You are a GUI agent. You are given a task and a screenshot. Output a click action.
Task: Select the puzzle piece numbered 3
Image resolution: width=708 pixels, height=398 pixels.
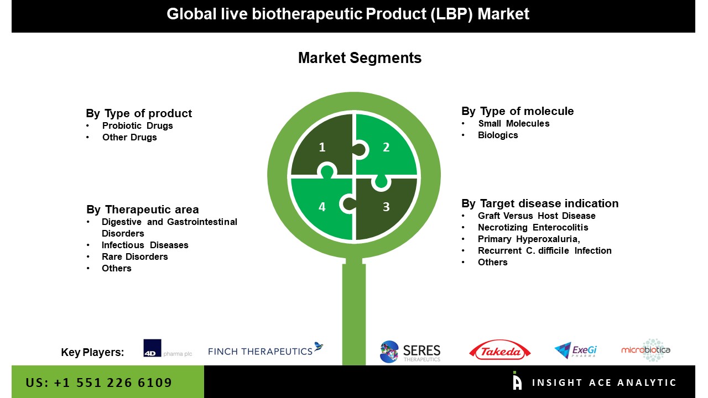[387, 207]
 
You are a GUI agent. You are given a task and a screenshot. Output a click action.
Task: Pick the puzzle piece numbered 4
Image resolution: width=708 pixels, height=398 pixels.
[321, 207]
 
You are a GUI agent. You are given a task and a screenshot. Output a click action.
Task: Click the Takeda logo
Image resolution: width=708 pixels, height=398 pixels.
[499, 350]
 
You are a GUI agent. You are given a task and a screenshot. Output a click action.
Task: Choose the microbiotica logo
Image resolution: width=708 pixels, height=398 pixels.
[645, 350]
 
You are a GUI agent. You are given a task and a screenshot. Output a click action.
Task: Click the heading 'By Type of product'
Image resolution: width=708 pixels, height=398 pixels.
[139, 113]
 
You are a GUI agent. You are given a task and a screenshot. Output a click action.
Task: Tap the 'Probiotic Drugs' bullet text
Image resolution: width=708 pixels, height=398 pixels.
[137, 125]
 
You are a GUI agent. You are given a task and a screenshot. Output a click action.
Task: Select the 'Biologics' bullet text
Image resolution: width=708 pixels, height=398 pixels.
[498, 135]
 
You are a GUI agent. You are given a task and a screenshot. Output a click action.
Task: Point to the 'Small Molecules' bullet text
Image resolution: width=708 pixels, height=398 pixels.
[514, 123]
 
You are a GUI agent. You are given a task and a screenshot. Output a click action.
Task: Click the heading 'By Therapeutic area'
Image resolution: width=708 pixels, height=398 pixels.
[142, 210]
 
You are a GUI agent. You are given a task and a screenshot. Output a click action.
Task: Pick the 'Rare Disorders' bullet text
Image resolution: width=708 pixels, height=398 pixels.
[134, 256]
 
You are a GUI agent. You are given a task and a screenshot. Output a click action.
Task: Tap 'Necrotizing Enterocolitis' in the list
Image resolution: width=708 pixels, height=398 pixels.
[533, 227]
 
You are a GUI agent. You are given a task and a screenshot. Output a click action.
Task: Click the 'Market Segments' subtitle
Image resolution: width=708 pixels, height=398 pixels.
[360, 58]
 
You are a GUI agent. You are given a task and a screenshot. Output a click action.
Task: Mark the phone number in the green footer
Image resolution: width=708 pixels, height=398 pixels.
[99, 383]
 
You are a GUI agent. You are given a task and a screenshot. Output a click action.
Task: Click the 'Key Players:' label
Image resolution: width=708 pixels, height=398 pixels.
[92, 352]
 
